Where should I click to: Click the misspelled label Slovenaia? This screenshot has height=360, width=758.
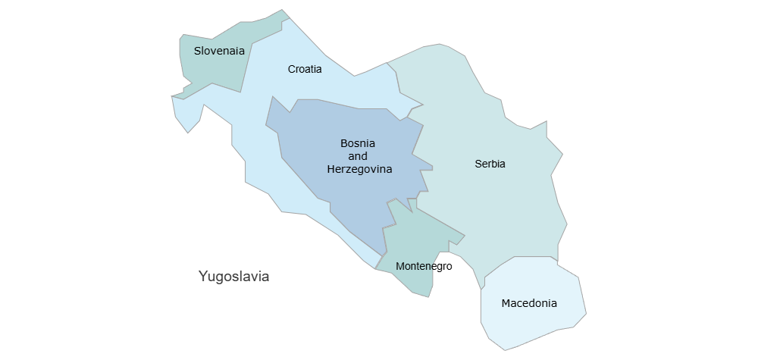point(219,51)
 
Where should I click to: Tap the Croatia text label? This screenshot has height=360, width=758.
point(305,69)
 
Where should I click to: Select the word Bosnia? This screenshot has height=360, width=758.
point(358,142)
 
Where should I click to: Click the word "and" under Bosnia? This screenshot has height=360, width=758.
point(358,156)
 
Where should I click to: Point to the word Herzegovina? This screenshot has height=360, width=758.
point(359,170)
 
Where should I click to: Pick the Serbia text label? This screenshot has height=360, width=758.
point(490,164)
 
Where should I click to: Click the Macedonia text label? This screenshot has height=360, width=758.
point(529,303)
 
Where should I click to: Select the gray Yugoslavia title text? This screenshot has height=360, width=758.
point(233,276)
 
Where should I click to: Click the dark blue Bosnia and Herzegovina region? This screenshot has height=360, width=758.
point(349,197)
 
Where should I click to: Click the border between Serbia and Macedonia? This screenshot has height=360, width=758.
point(523,258)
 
